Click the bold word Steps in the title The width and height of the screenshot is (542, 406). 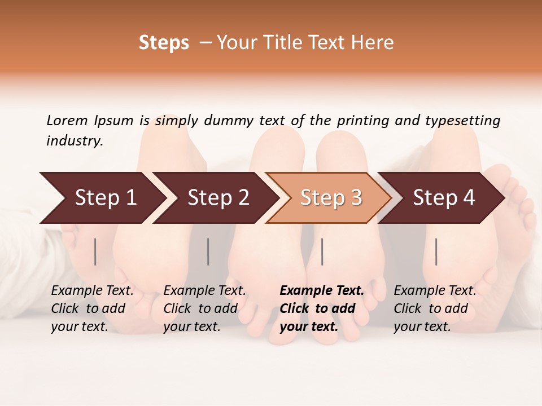click(x=164, y=43)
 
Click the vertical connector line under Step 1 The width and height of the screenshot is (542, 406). click(x=95, y=251)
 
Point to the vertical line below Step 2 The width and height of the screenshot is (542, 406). click(x=208, y=251)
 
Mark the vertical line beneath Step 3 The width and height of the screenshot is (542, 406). click(x=322, y=251)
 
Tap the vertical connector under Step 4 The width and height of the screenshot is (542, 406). click(x=436, y=251)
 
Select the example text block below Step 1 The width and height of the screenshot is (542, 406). click(x=92, y=308)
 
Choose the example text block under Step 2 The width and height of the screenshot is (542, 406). click(x=204, y=308)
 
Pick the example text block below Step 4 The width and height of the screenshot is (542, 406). click(x=435, y=308)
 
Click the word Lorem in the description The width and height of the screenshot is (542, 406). click(x=67, y=120)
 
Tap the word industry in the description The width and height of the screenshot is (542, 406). click(x=75, y=140)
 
